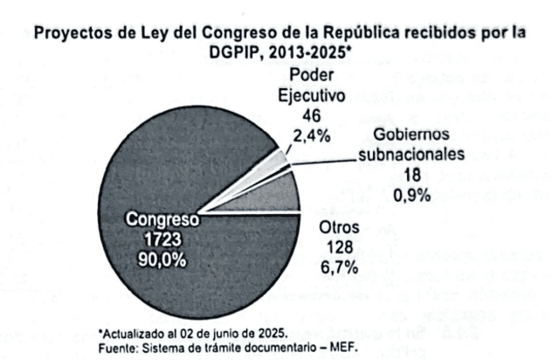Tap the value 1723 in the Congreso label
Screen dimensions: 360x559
[162, 239]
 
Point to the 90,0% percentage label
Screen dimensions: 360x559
[161, 258]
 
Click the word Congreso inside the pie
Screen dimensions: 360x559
[162, 220]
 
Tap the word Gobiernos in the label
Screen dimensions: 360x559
[415, 135]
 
